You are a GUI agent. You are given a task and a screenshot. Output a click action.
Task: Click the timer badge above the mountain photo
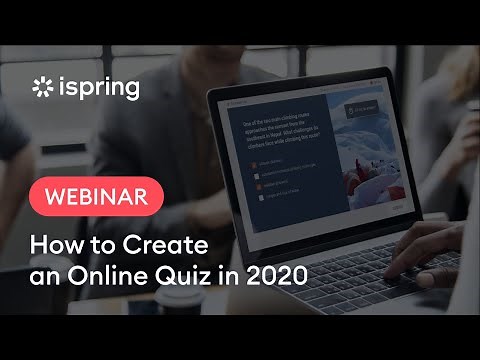pos(360,109)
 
